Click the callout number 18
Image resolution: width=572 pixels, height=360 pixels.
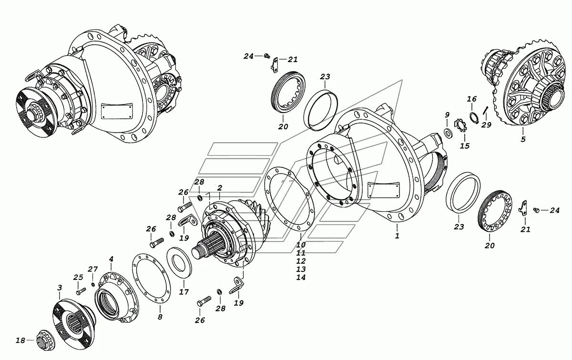20,340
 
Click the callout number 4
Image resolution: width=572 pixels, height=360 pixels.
111,259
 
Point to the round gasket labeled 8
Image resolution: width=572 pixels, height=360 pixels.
152,279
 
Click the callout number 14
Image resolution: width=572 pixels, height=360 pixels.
300,278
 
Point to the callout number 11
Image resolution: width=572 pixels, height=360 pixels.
300,253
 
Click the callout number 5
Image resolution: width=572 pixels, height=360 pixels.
523,140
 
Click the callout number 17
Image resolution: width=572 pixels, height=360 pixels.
184,292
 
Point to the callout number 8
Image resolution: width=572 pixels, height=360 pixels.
160,316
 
